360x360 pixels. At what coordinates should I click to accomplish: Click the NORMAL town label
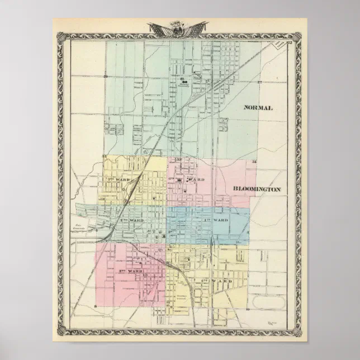(x=258, y=108)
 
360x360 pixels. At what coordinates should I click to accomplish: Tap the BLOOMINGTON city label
(x=257, y=190)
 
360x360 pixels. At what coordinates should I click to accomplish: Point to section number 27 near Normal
(x=260, y=82)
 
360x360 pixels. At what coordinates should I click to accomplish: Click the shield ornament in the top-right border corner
(x=297, y=36)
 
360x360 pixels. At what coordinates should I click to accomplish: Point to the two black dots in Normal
(x=183, y=83)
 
